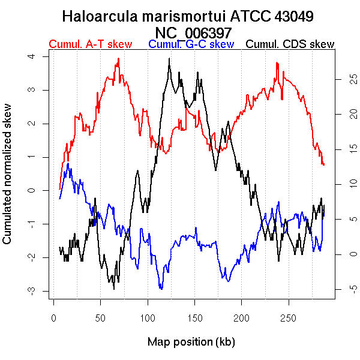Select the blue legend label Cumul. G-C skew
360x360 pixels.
[x=191, y=44]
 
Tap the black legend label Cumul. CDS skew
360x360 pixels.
[x=290, y=44]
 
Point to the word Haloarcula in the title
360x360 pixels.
[x=100, y=16]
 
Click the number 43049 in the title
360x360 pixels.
[x=294, y=16]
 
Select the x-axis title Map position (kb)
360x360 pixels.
[x=191, y=342]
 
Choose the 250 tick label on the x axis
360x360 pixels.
[x=288, y=317]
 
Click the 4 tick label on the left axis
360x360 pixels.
[x=39, y=56]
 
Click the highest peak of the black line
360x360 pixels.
[x=170, y=59]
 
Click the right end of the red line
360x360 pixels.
[x=324, y=164]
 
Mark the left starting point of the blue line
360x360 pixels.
[x=59, y=199]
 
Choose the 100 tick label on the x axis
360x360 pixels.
[x=147, y=317]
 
